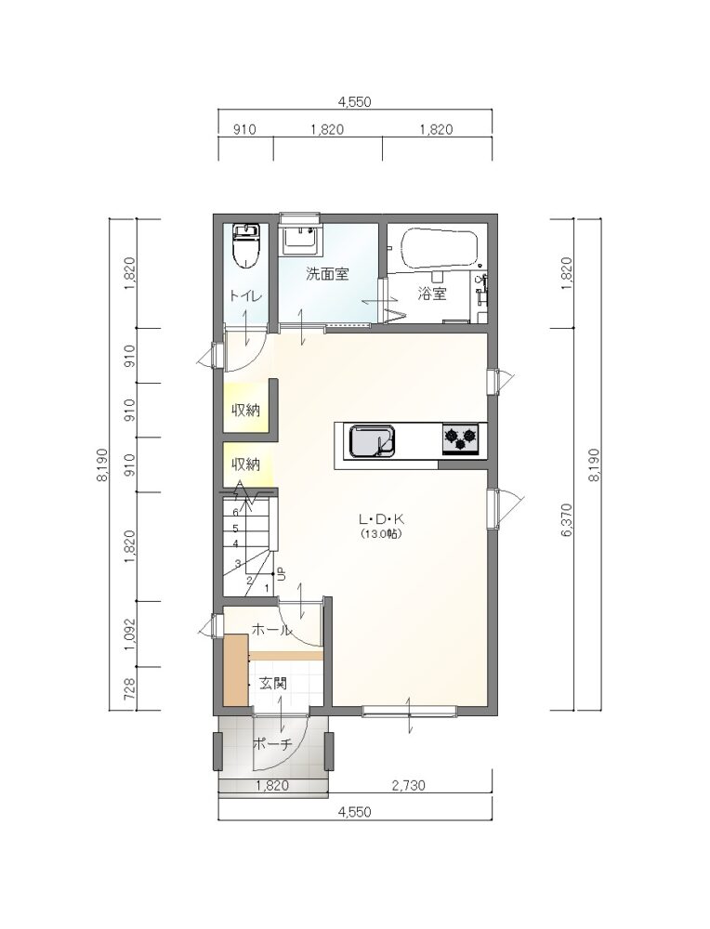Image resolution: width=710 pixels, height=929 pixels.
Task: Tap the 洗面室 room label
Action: pyautogui.click(x=327, y=274)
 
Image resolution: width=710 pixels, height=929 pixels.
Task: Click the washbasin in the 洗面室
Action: pyautogui.click(x=300, y=240)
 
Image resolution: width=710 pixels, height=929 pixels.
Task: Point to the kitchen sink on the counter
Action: pyautogui.click(x=372, y=441)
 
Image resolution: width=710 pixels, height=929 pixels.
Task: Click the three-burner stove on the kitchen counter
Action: pyautogui.click(x=460, y=439)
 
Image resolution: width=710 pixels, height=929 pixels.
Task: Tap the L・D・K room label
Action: pyautogui.click(x=381, y=519)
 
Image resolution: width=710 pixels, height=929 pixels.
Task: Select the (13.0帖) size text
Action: pyautogui.click(x=381, y=533)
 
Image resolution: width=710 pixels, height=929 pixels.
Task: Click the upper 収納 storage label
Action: pyautogui.click(x=245, y=410)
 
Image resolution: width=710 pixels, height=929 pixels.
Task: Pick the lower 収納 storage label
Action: pyautogui.click(x=245, y=464)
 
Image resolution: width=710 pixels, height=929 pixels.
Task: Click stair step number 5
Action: pyautogui.click(x=235, y=528)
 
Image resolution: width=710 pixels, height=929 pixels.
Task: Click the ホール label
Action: pyautogui.click(x=272, y=630)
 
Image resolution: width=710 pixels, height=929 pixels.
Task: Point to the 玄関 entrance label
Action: pyautogui.click(x=273, y=683)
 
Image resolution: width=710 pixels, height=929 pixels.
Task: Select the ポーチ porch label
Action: pyautogui.click(x=272, y=744)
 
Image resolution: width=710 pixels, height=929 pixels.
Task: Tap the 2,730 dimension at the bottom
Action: pyautogui.click(x=408, y=786)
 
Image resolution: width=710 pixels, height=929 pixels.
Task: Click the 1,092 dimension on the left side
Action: pyautogui.click(x=131, y=634)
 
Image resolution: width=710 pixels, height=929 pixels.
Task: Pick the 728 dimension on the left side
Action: pyautogui.click(x=131, y=688)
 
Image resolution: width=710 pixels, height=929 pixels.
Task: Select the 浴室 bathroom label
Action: pyautogui.click(x=432, y=294)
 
